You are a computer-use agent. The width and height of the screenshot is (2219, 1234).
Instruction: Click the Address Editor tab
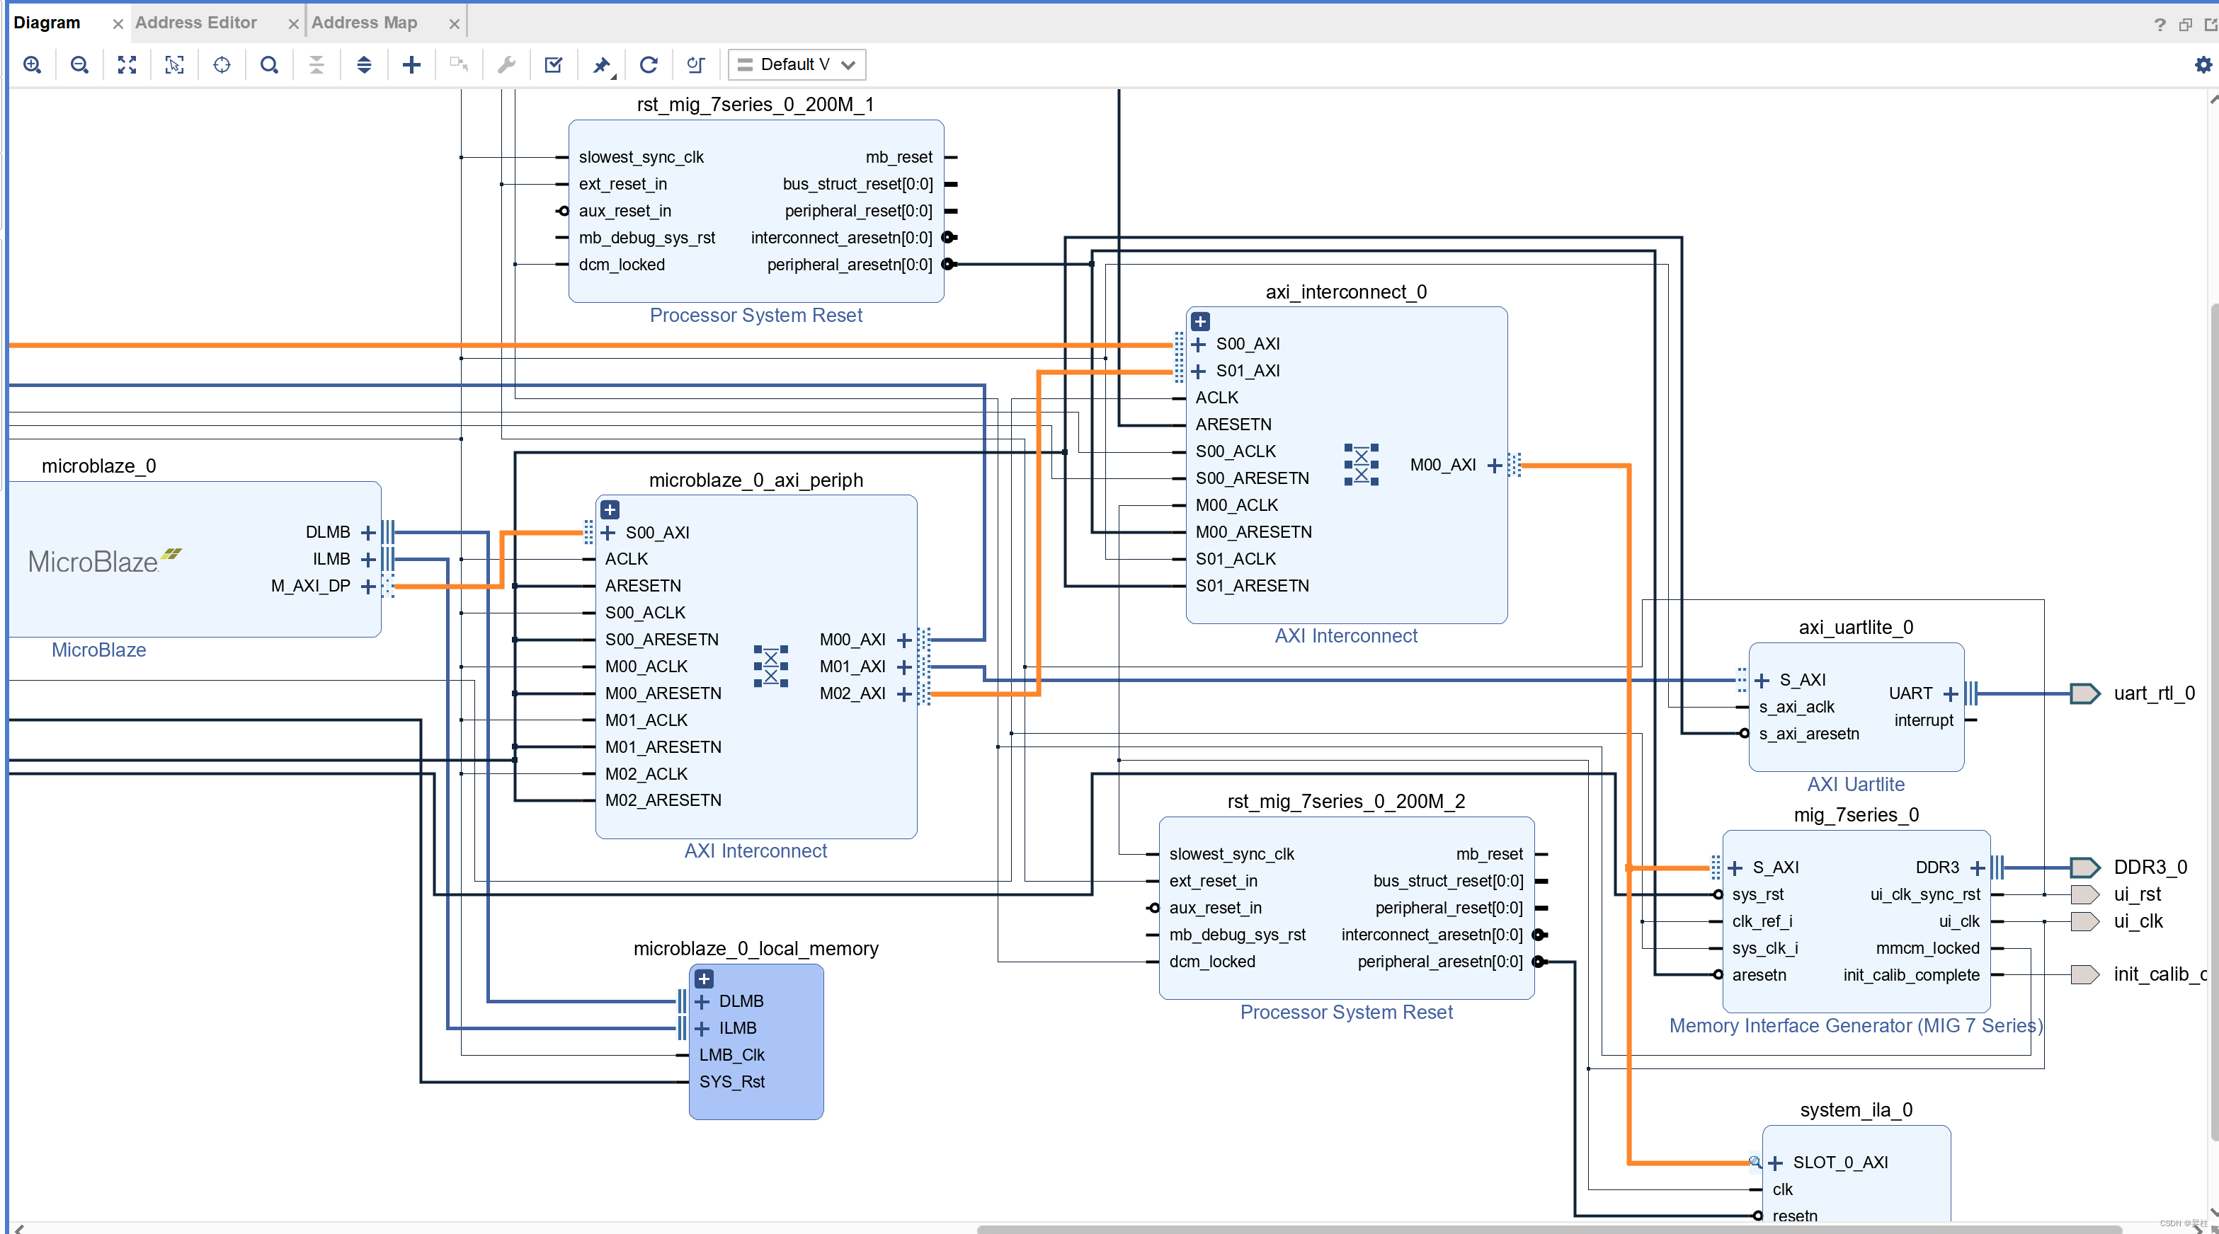195,23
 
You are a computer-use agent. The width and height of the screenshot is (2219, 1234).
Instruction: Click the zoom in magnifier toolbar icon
32,64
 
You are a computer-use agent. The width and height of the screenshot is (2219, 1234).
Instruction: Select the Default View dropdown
797,64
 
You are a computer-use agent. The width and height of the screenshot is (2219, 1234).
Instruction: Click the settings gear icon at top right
2203,64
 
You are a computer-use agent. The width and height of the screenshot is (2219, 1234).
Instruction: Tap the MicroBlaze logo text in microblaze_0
93,562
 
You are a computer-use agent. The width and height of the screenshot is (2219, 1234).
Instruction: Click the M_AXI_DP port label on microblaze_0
310,586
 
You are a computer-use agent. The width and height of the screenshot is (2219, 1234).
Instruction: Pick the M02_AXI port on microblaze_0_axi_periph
852,693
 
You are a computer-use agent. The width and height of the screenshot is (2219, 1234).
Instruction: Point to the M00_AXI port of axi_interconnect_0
1442,465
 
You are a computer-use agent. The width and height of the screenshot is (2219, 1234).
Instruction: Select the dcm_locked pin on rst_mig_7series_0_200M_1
621,265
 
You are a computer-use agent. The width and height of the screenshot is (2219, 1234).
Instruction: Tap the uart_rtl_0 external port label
2154,693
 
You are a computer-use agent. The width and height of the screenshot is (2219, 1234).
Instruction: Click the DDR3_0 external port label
2149,867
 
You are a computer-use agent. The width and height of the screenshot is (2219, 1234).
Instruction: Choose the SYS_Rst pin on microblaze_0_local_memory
731,1082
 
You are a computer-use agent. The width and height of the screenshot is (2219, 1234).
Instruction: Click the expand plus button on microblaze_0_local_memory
704,979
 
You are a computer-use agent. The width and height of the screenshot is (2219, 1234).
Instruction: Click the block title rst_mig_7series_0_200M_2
1345,801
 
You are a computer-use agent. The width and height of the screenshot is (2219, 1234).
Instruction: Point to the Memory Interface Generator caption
1854,1025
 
